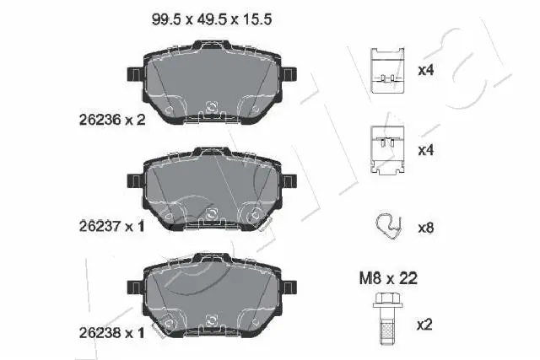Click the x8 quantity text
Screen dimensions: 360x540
(427, 227)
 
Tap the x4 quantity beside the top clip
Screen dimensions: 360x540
(427, 70)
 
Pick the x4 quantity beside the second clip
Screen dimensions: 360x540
(427, 151)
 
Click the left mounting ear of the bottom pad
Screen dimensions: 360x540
(133, 286)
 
